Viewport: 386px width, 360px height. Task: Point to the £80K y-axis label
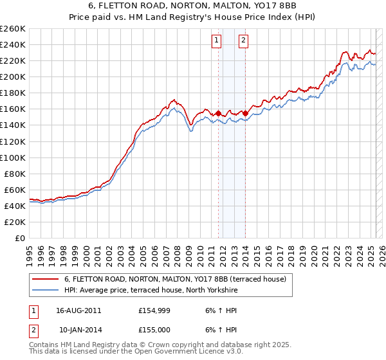(x=15, y=174)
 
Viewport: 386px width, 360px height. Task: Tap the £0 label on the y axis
(x=20, y=238)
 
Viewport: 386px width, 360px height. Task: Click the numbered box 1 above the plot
(x=216, y=40)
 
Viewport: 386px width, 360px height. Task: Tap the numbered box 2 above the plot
(x=244, y=40)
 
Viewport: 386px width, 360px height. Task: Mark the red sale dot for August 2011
(x=218, y=113)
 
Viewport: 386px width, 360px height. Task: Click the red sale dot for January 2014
(x=245, y=113)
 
